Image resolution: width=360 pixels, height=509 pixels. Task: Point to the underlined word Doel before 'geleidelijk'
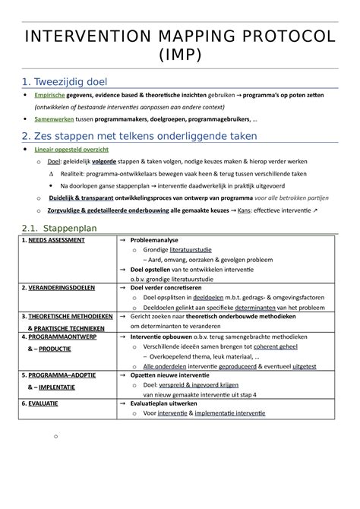click(53, 161)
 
